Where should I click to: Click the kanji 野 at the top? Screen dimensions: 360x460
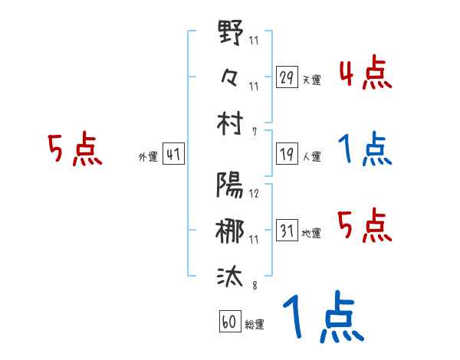(231, 35)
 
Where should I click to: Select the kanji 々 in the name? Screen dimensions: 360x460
(231, 76)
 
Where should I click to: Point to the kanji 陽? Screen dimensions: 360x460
(231, 186)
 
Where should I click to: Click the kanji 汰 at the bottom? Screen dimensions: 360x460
(231, 274)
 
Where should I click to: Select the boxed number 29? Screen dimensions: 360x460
(287, 77)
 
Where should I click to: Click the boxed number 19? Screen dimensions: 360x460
(287, 154)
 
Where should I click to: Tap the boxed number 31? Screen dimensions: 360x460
(287, 230)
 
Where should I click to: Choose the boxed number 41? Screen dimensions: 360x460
(173, 154)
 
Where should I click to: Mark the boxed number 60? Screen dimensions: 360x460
(228, 322)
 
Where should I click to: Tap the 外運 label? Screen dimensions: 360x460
(147, 156)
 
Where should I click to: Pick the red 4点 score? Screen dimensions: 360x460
(364, 74)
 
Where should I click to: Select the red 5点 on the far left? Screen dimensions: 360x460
(75, 150)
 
